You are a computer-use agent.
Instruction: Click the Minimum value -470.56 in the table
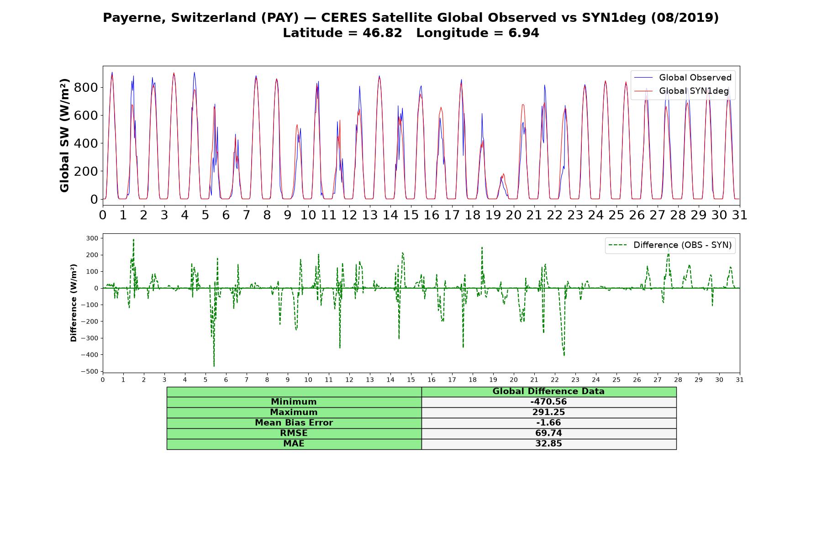click(548, 402)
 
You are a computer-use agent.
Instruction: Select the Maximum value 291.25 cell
click(548, 412)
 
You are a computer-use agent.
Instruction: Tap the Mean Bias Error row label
click(294, 423)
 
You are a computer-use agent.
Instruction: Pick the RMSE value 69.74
click(548, 433)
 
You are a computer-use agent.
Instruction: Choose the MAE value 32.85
click(548, 444)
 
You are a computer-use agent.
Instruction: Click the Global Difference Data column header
click(548, 391)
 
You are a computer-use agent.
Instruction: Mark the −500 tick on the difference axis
click(90, 372)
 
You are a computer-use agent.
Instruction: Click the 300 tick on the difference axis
click(92, 238)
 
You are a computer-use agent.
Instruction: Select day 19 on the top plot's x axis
click(493, 215)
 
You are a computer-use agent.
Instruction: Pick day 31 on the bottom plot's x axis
click(740, 380)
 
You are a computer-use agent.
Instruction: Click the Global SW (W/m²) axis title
click(65, 135)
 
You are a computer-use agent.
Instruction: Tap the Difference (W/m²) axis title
click(74, 303)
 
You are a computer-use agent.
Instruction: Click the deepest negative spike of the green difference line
click(214, 366)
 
